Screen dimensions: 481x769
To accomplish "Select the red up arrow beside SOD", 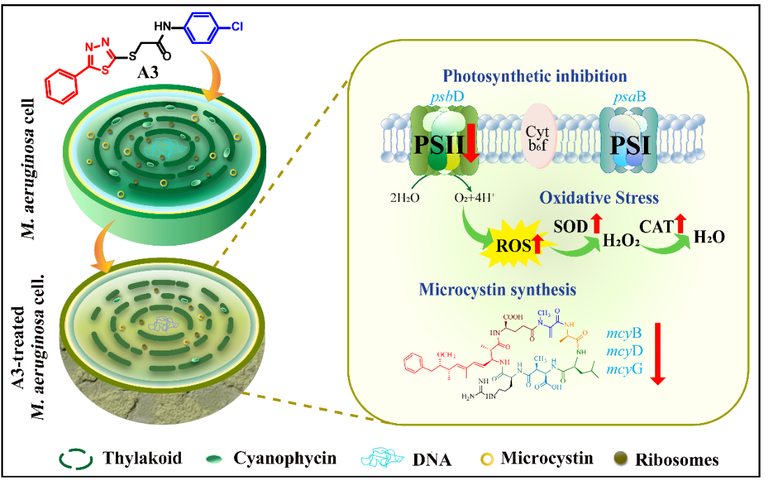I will (596, 224).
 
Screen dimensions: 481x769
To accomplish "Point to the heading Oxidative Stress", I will (599, 198).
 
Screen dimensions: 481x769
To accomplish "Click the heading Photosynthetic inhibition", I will (535, 75).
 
